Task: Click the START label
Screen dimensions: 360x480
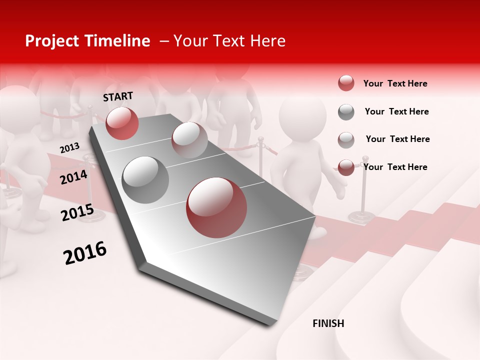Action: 118,96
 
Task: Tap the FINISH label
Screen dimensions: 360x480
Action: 328,323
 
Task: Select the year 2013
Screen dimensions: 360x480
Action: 69,147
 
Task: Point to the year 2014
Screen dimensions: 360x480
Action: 74,177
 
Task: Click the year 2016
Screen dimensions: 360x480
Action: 85,252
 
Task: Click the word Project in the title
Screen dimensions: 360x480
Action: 51,41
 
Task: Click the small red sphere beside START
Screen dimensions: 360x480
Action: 122,123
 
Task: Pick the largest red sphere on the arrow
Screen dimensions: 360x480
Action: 216,207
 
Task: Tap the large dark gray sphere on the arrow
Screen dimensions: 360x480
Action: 145,180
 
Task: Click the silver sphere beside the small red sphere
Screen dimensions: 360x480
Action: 189,140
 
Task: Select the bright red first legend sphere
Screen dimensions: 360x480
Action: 346,83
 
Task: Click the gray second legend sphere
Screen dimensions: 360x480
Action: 346,112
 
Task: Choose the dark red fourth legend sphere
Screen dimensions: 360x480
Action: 346,167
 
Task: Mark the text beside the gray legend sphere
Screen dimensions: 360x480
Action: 396,111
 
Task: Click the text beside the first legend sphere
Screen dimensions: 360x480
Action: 395,83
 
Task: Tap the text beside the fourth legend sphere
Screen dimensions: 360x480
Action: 395,167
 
